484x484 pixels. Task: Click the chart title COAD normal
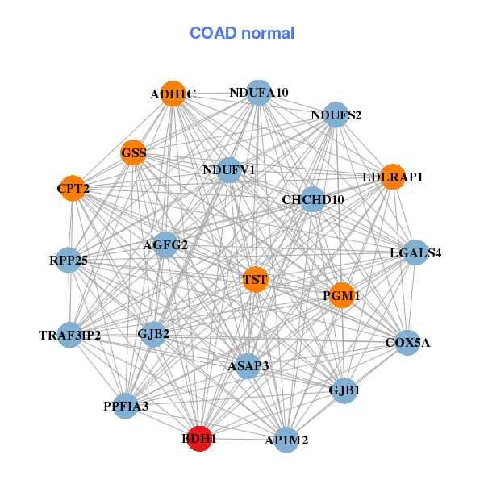pos(242,33)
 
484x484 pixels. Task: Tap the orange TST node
pos(255,280)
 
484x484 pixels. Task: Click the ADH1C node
pos(173,94)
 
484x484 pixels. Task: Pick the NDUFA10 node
pos(258,92)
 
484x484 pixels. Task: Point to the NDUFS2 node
pos(336,115)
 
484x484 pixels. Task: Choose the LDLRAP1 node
pos(392,177)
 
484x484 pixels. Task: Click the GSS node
pos(134,152)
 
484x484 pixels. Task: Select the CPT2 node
pos(73,188)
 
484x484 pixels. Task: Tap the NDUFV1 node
pos(229,170)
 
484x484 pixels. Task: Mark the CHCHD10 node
pos(313,199)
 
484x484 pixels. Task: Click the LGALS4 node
pos(415,252)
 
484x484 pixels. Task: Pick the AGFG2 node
pos(165,244)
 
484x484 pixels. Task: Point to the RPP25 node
pos(69,260)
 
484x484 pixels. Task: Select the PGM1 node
pos(342,296)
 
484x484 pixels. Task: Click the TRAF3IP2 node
pos(70,335)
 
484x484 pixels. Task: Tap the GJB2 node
pos(153,333)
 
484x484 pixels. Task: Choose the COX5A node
pos(407,343)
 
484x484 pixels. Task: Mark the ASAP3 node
pos(248,365)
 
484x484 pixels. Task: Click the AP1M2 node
pos(286,440)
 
